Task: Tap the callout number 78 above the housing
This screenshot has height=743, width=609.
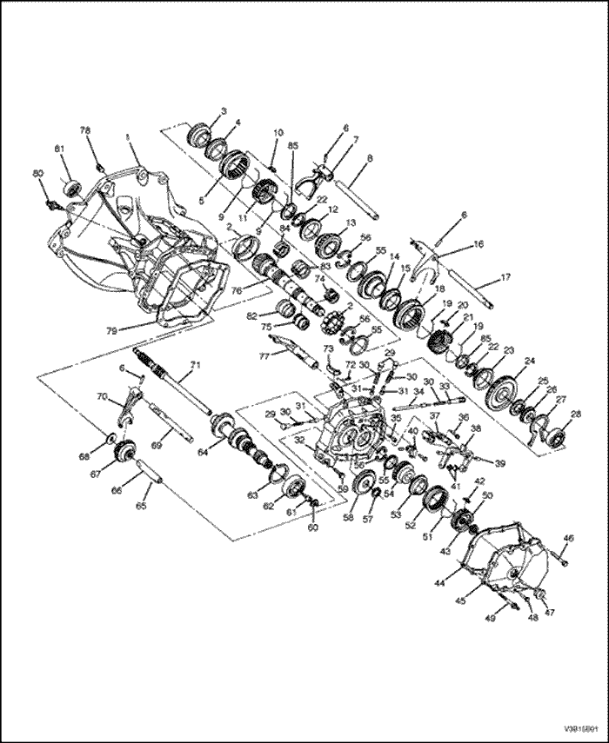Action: click(x=86, y=130)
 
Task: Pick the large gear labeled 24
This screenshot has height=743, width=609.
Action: click(x=501, y=385)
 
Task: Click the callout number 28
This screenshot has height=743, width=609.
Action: click(x=575, y=414)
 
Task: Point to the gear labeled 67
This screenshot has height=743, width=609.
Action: click(x=124, y=453)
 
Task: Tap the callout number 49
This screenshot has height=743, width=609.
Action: click(x=490, y=619)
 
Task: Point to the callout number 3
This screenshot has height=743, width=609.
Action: click(x=223, y=111)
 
